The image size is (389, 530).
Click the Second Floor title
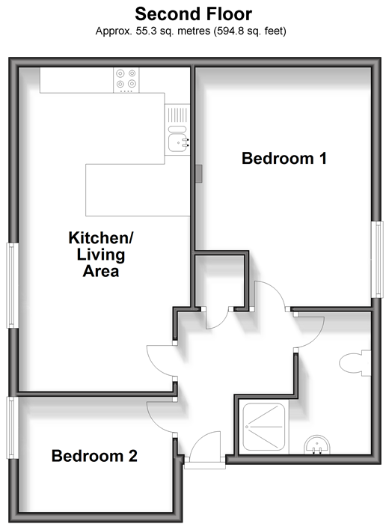click(x=194, y=14)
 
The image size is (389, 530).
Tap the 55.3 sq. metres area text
click(x=173, y=31)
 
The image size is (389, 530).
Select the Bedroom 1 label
click(x=284, y=158)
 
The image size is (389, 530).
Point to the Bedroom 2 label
click(x=94, y=456)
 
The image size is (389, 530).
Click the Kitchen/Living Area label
click(x=101, y=255)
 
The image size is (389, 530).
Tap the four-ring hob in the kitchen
click(x=126, y=80)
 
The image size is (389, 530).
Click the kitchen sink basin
click(x=177, y=142)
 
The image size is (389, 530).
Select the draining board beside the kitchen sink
click(x=177, y=115)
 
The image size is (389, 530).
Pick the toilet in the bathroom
click(x=355, y=363)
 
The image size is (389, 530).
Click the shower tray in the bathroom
click(x=264, y=427)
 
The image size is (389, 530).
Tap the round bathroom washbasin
click(x=317, y=445)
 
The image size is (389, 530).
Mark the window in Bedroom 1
click(x=378, y=259)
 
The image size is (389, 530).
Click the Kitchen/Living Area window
click(x=13, y=285)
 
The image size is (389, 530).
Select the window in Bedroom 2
click(x=13, y=427)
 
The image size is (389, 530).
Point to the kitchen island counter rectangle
click(x=138, y=190)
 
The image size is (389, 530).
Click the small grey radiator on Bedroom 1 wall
click(x=199, y=174)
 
